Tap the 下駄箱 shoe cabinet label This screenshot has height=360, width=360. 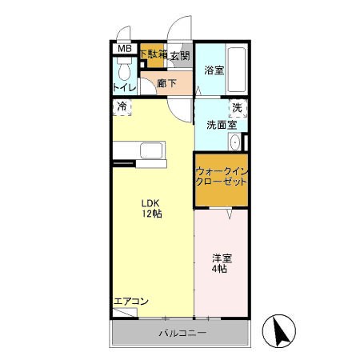(x=152, y=54)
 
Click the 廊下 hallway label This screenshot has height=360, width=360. (x=166, y=82)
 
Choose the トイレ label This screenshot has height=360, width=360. (x=124, y=86)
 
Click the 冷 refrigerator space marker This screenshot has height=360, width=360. (x=122, y=106)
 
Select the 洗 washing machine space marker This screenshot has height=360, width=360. (x=237, y=107)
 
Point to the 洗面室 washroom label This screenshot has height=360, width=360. (x=221, y=125)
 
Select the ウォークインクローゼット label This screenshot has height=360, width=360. (x=220, y=176)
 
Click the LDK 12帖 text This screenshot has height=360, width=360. (x=152, y=209)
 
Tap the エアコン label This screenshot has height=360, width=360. (x=130, y=302)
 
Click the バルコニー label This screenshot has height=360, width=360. (x=182, y=332)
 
